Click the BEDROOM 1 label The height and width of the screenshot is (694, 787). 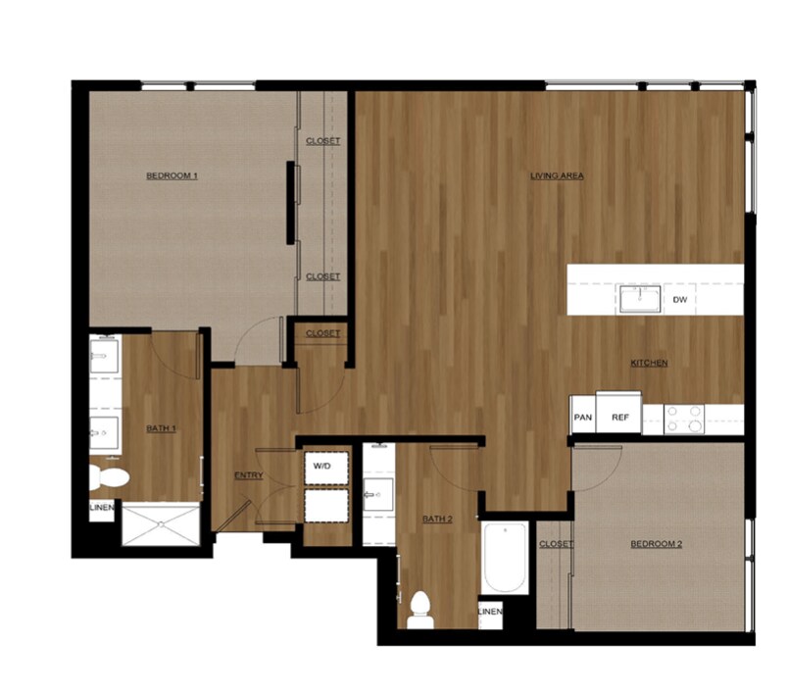[x=172, y=176]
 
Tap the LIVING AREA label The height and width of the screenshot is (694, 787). [x=557, y=176]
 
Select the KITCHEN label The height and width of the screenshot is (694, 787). [x=649, y=364]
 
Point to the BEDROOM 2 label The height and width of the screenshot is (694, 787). [x=655, y=545]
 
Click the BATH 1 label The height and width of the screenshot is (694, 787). [x=161, y=428]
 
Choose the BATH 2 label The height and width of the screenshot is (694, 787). [x=438, y=519]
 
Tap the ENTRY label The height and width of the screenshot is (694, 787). [x=248, y=476]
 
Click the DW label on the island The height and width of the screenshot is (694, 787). [x=680, y=300]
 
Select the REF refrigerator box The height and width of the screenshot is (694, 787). [x=619, y=417]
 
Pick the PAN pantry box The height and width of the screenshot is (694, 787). [x=583, y=417]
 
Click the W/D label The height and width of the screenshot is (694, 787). [x=323, y=467]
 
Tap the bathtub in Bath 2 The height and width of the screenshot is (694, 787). [x=505, y=558]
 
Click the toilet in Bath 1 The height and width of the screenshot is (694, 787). [x=110, y=477]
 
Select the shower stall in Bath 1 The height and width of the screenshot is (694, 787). [x=160, y=524]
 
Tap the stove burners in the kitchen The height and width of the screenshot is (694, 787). [x=684, y=419]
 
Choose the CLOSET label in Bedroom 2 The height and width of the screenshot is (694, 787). [x=556, y=544]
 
